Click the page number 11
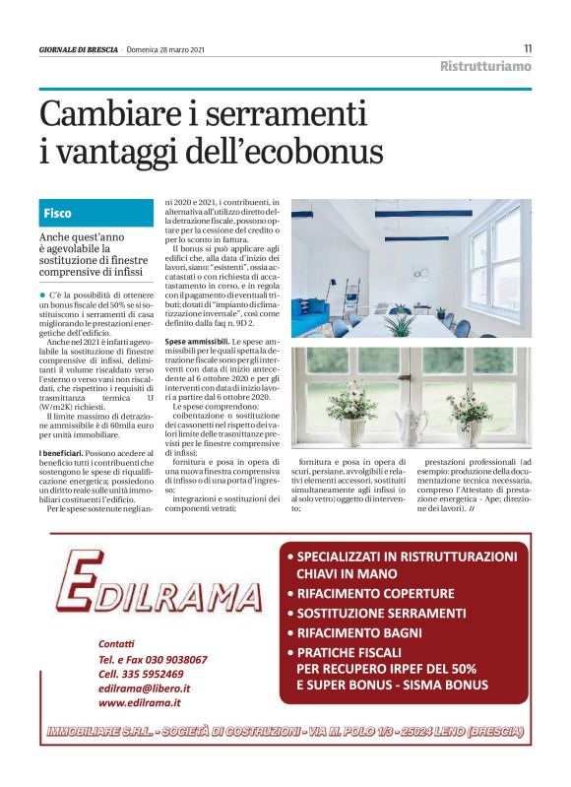tap(527, 48)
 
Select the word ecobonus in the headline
tap(314, 152)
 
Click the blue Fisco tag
tap(58, 213)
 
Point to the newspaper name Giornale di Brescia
tap(79, 49)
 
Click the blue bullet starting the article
tap(43, 295)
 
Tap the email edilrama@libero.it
tap(145, 689)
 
